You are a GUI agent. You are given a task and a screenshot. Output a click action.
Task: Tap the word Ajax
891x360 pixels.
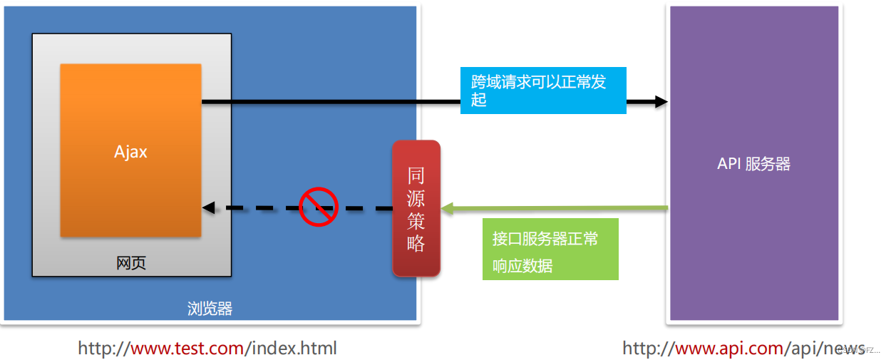pyautogui.click(x=130, y=151)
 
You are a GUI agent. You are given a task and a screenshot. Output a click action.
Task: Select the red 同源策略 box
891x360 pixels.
pyautogui.click(x=416, y=208)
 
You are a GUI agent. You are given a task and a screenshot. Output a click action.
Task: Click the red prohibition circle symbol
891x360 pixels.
pyautogui.click(x=318, y=207)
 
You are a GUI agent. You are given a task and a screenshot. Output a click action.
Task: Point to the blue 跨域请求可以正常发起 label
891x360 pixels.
pyautogui.click(x=543, y=91)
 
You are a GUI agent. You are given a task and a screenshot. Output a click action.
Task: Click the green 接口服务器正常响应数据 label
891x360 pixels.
pyautogui.click(x=550, y=250)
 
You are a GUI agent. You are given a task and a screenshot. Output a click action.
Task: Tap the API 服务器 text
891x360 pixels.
pyautogui.click(x=753, y=164)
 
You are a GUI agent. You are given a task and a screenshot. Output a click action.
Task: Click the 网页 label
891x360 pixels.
pyautogui.click(x=131, y=263)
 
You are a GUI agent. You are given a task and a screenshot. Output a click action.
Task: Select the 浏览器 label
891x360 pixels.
pyautogui.click(x=210, y=309)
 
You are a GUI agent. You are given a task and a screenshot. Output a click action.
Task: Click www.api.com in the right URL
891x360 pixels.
pyautogui.click(x=728, y=348)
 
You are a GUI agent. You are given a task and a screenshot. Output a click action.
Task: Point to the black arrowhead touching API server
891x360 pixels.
pyautogui.click(x=661, y=102)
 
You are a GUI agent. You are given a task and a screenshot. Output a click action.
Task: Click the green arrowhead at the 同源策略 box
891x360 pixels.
pyautogui.click(x=447, y=208)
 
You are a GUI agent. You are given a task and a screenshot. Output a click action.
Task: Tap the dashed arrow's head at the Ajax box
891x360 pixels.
pyautogui.click(x=208, y=208)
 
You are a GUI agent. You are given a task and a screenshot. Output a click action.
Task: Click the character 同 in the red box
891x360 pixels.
pyautogui.click(x=416, y=175)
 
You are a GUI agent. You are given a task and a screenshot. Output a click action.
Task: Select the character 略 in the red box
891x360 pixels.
pyautogui.click(x=416, y=243)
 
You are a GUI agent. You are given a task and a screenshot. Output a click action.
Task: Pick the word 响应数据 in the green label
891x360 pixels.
pyautogui.click(x=522, y=266)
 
